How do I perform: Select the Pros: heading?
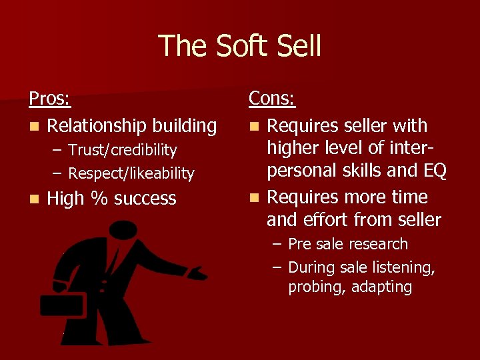point(50,99)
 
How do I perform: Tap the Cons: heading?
point(272,99)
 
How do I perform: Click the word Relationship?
point(97,126)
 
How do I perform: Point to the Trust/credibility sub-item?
point(123,151)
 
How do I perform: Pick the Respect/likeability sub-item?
point(131,174)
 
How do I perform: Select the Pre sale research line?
point(347,244)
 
